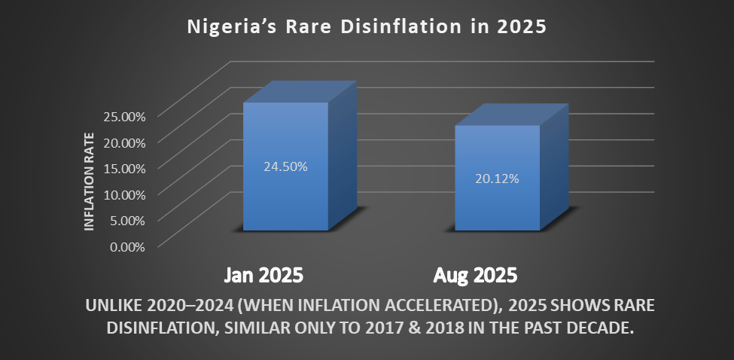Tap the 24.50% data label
(x=285, y=167)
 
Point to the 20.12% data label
(x=497, y=179)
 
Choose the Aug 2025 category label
(x=476, y=274)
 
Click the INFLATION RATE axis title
(x=90, y=181)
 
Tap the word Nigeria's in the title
(x=230, y=27)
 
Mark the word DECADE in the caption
(x=599, y=329)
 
